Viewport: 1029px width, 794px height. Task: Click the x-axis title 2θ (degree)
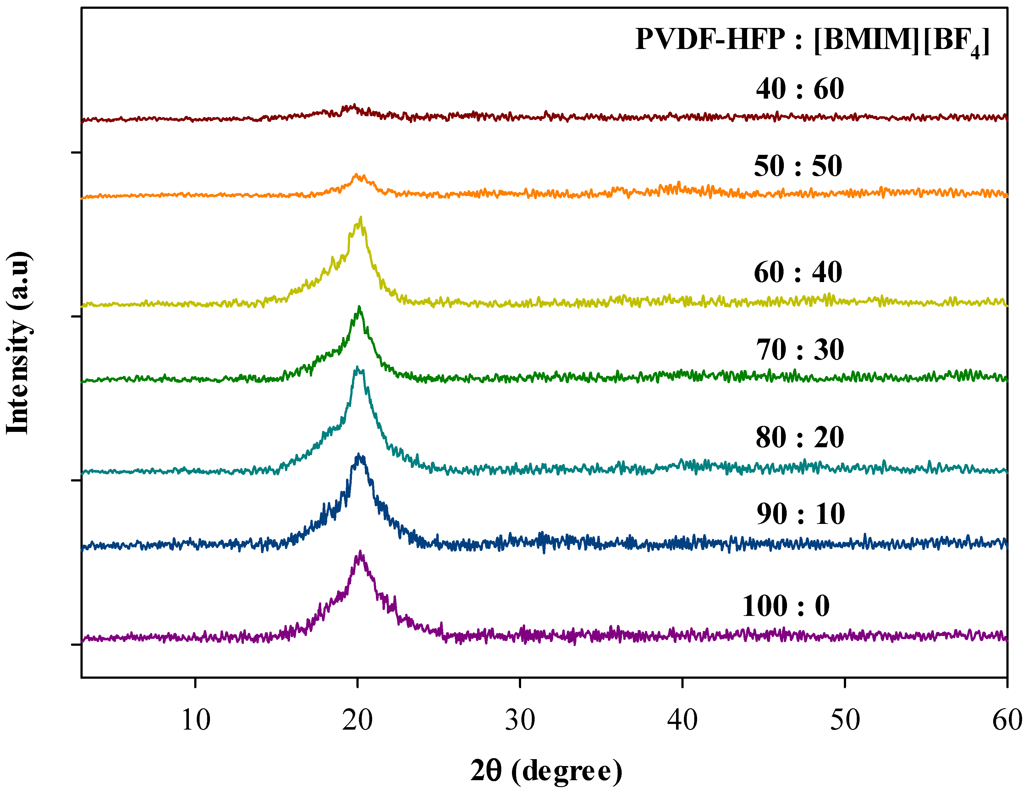click(547, 771)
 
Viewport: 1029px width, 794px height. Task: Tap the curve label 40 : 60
click(800, 89)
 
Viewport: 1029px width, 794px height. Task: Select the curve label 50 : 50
click(798, 166)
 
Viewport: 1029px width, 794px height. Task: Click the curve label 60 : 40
click(798, 272)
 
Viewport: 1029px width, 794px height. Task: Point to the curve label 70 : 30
click(800, 350)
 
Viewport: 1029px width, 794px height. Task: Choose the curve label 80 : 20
click(800, 437)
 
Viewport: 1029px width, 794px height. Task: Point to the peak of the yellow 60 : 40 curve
click(361, 218)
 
